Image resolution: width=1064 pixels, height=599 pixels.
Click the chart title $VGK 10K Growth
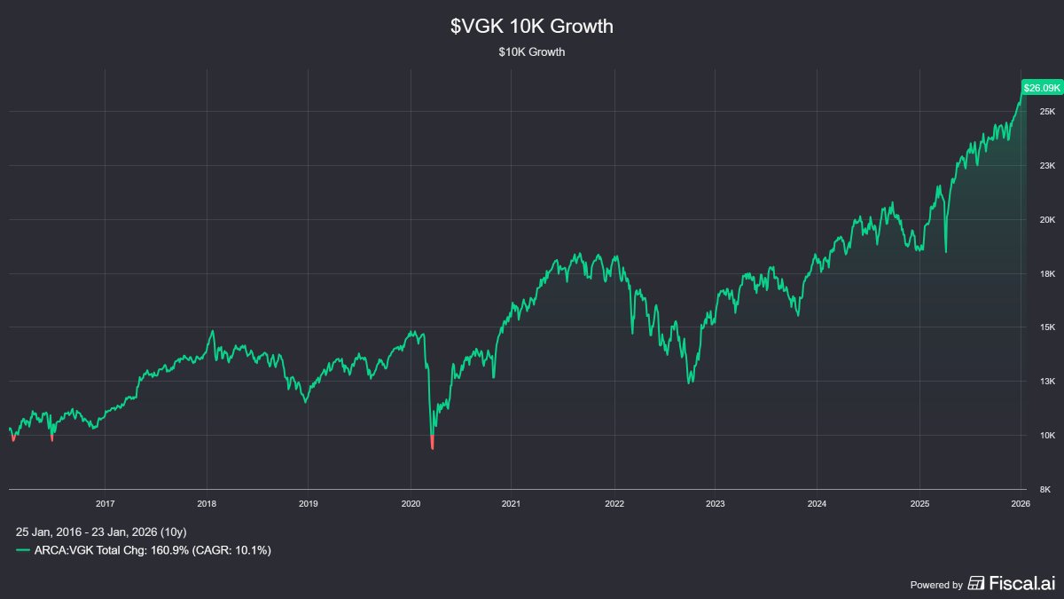[532, 27]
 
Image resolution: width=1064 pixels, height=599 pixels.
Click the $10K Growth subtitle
[532, 52]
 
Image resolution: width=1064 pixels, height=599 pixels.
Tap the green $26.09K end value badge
[1042, 88]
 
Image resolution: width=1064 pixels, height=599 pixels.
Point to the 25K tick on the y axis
[1047, 112]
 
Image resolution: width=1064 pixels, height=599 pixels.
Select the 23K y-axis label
[1047, 166]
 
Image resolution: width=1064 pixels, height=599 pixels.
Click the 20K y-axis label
[1047, 220]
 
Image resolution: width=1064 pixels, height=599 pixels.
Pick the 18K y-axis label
[1047, 274]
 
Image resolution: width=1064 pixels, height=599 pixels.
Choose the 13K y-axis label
[1047, 382]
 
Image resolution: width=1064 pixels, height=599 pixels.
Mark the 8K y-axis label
[1047, 490]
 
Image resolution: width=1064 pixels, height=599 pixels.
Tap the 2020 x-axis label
[411, 503]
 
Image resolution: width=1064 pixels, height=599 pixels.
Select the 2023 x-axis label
[716, 503]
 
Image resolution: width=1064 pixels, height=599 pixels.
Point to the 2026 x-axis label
[1021, 503]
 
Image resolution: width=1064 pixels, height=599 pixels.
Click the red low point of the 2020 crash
[432, 447]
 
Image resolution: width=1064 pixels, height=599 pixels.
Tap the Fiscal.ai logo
[1011, 583]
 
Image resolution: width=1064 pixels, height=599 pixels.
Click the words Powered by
[936, 585]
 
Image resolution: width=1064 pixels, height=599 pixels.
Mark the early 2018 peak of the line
[212, 331]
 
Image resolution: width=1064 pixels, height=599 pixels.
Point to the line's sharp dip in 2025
[946, 252]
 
